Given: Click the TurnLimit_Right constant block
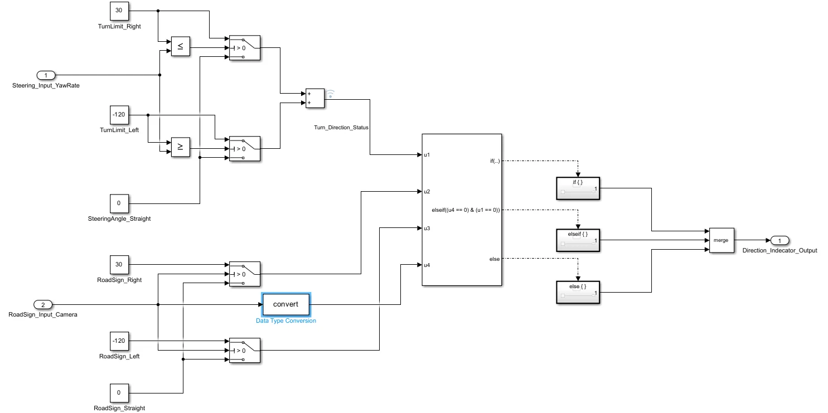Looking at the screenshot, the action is coord(119,11).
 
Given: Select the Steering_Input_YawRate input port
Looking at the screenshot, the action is coord(46,75).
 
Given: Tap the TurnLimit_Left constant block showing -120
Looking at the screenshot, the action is coord(119,115).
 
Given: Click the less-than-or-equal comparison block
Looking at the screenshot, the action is coord(181,46).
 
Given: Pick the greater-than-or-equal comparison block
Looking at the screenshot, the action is coord(181,147).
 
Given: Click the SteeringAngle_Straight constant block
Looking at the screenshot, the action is coord(119,203).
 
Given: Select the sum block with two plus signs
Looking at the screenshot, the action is coord(315,98).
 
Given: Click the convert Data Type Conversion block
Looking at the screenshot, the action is coord(286,304).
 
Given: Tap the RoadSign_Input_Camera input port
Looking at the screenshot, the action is coord(43,305).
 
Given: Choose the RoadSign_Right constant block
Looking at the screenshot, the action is coord(119,265).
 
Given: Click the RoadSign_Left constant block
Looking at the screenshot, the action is coord(119,341).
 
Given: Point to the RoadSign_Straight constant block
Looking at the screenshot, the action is coord(119,393).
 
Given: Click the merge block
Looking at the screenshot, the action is coord(722,240).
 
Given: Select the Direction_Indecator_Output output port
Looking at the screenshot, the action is coord(779,240).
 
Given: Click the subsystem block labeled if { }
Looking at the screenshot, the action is coord(578,188).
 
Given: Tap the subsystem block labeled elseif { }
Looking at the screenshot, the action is coord(578,240).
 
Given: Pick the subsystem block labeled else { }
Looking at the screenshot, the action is coord(578,293).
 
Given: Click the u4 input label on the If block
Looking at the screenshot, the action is coord(427,265).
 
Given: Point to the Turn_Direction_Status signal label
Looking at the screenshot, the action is coord(341,128).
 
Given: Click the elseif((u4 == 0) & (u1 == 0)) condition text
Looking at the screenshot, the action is coord(466,210).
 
